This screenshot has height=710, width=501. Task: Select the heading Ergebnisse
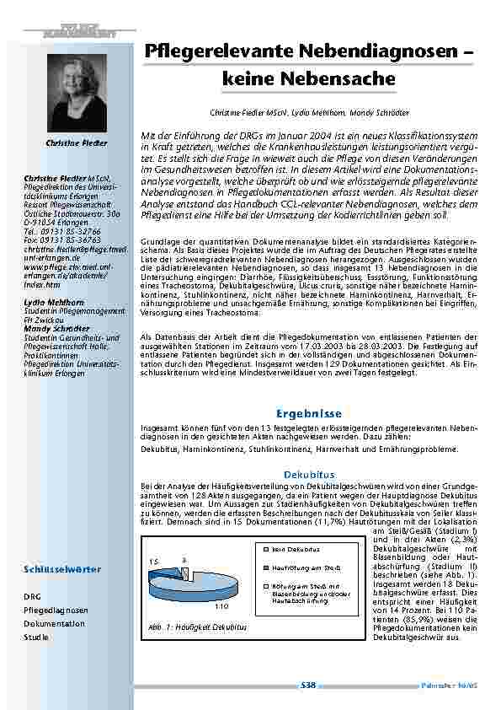(x=309, y=414)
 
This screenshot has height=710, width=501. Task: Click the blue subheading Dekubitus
(x=309, y=475)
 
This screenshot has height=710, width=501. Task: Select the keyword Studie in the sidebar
(x=35, y=637)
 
